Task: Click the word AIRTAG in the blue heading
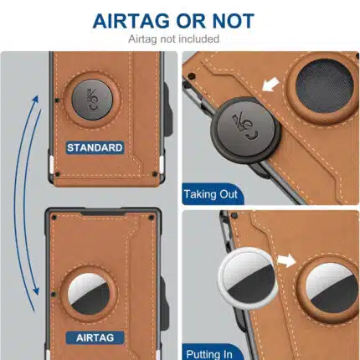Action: tap(131, 21)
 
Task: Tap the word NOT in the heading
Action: tap(233, 21)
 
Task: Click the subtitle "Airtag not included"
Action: tap(173, 39)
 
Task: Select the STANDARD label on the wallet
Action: tap(95, 147)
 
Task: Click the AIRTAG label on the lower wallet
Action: tap(95, 337)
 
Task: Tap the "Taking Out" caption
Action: tap(210, 194)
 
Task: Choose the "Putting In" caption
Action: tap(209, 354)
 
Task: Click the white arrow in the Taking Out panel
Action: tap(270, 85)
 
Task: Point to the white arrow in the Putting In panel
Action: tap(286, 261)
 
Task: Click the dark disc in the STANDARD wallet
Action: tap(92, 100)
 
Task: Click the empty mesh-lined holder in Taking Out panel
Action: tap(324, 85)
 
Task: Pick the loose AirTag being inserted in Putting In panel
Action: tap(247, 278)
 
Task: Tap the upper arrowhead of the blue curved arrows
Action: tap(36, 100)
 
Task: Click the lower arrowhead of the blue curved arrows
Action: tap(36, 291)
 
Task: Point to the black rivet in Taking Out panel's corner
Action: tap(192, 75)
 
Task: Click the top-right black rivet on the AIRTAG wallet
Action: tap(152, 217)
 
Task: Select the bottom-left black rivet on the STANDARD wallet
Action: tap(58, 174)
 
